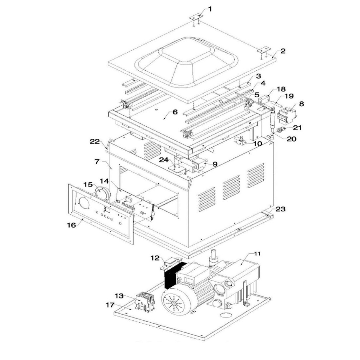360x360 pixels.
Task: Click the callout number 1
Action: tap(210, 9)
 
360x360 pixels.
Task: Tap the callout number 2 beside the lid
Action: tap(283, 51)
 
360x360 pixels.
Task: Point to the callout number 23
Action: tap(280, 209)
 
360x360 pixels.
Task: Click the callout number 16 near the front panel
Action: tap(71, 225)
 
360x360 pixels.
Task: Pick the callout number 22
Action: tap(95, 141)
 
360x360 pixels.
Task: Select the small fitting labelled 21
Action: tap(281, 130)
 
